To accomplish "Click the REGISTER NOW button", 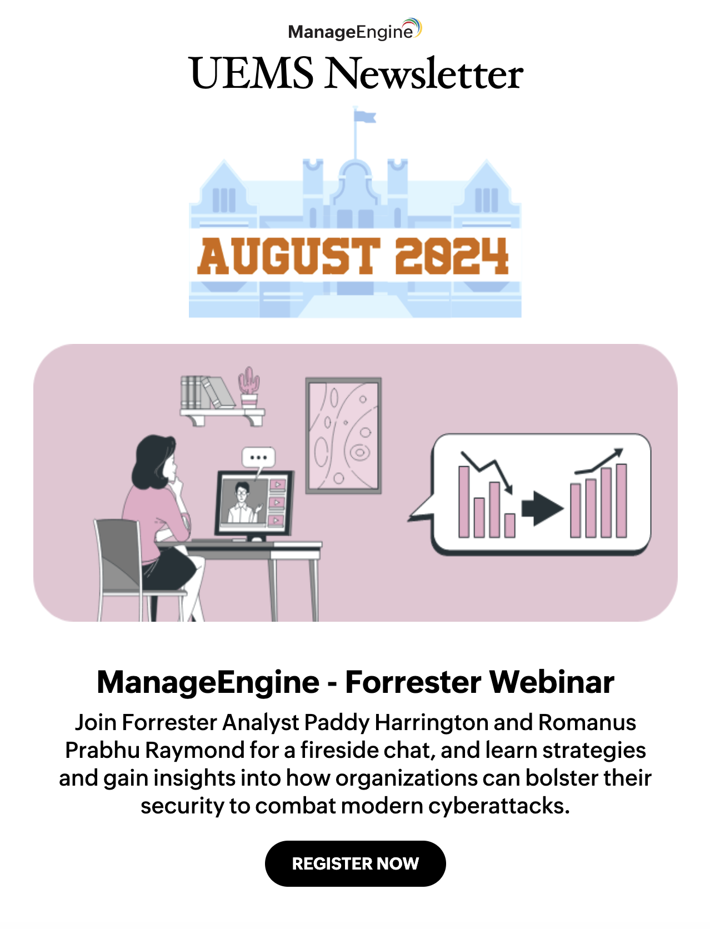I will pos(355,863).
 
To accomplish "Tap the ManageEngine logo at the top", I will pos(354,31).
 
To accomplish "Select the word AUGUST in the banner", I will pos(288,256).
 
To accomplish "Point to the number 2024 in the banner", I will pos(451,256).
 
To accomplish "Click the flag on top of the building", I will pos(365,117).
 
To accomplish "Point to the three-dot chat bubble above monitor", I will pos(258,458).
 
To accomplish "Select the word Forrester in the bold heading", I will pos(413,682).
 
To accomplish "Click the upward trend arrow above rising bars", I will pos(600,461).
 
